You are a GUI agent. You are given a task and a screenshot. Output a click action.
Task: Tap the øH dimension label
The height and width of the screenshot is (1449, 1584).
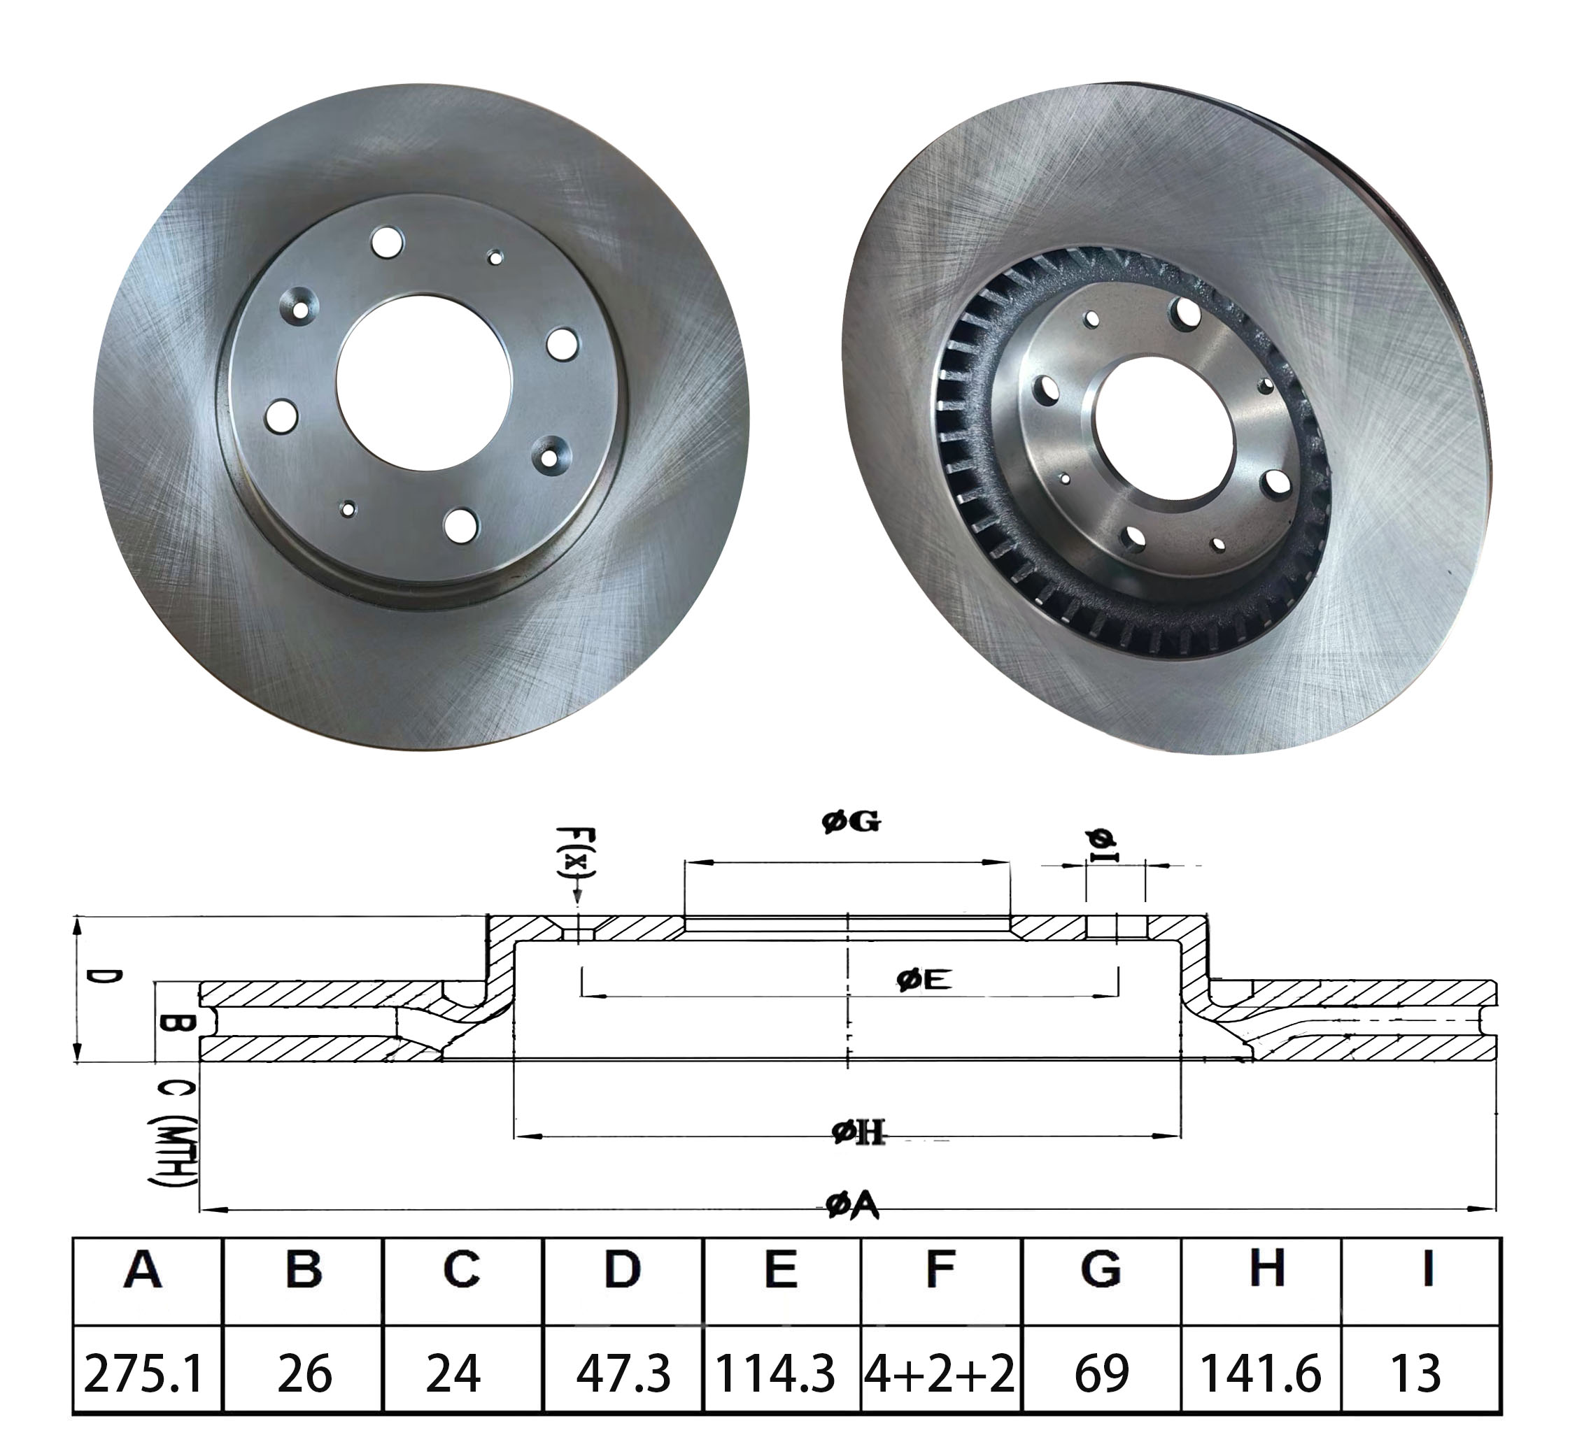[x=858, y=1132]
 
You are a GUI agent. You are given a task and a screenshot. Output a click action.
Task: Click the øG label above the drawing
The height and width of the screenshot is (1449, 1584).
[x=851, y=822]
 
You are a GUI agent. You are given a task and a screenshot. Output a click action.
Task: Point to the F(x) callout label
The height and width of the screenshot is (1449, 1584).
[x=576, y=854]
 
